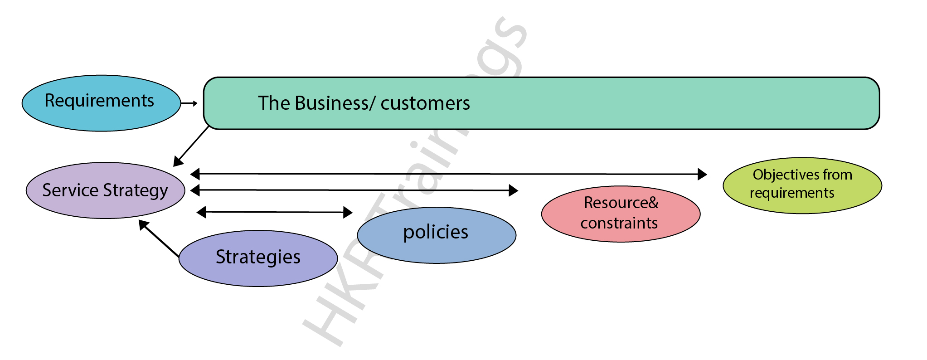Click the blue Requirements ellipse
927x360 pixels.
[x=101, y=103]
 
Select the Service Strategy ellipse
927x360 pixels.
[x=105, y=190]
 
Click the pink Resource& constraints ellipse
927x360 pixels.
[x=621, y=214]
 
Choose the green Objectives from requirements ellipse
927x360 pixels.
[x=802, y=185]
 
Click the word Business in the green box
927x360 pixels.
[x=332, y=103]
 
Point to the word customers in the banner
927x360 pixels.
[x=425, y=103]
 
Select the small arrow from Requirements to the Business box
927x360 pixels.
[x=189, y=103]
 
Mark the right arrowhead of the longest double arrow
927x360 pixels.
[x=702, y=174]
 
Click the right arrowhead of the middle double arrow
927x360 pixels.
[x=513, y=190]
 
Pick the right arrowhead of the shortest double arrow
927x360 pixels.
[x=348, y=212]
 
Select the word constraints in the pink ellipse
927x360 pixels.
[x=619, y=223]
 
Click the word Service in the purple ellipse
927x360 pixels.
[x=70, y=190]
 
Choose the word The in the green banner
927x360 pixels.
[x=273, y=103]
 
